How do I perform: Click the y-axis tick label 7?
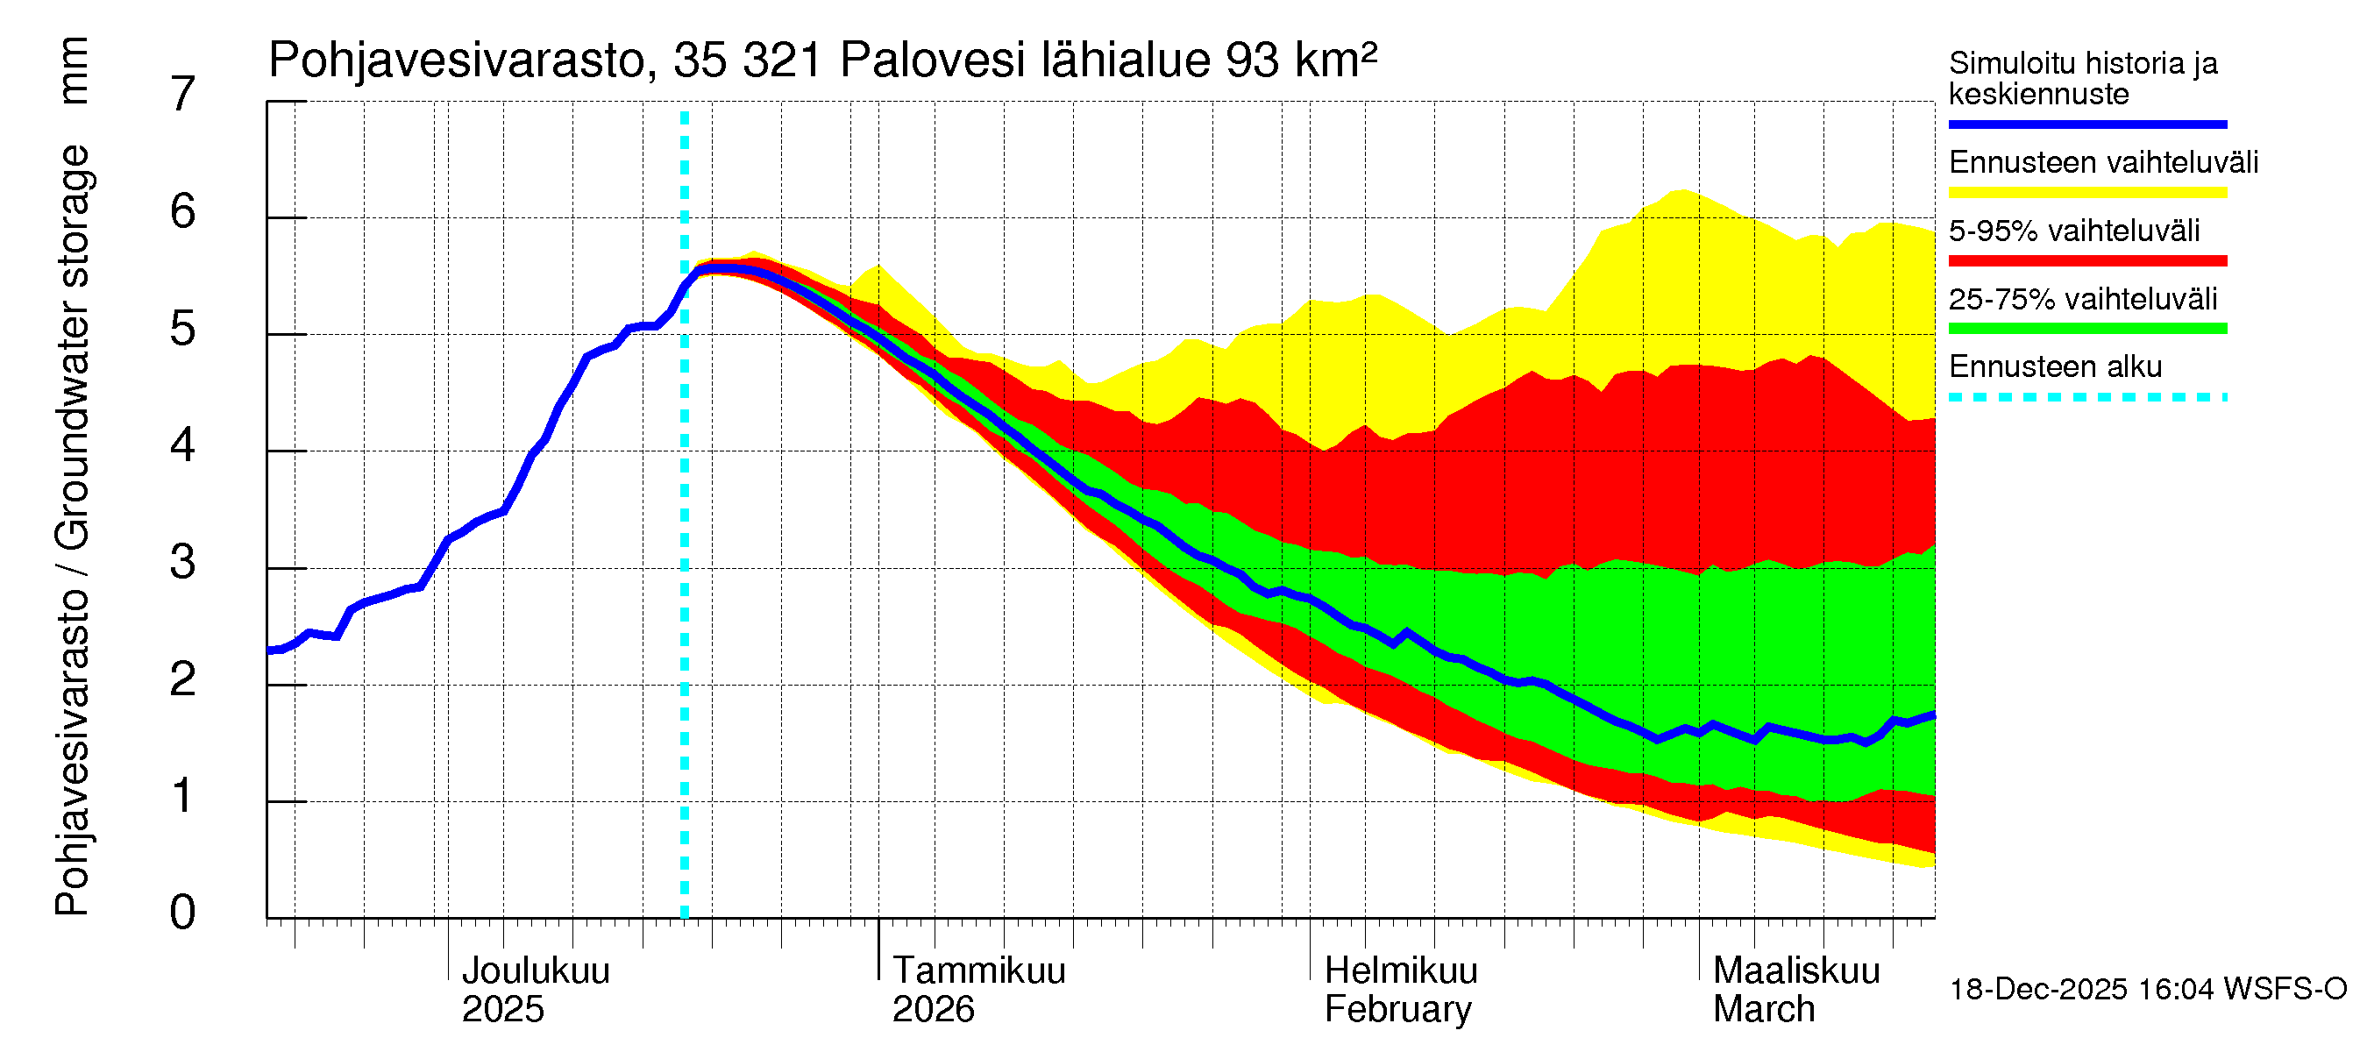click(183, 94)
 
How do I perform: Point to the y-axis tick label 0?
click(183, 913)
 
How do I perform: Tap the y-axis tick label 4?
click(183, 445)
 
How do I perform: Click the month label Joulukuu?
click(535, 970)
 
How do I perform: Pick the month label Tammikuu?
click(978, 970)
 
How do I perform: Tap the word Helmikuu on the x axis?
click(1400, 970)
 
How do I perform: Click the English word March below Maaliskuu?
click(1763, 1009)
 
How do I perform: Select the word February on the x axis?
click(1397, 1009)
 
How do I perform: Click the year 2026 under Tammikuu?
click(933, 1009)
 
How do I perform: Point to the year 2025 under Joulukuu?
click(502, 1009)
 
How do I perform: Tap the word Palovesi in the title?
click(932, 60)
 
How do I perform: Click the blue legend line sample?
click(2086, 124)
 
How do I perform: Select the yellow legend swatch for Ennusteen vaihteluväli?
click(2086, 192)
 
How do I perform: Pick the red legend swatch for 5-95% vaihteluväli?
click(2086, 261)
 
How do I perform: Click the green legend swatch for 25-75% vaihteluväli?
click(2086, 329)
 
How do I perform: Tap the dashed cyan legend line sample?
click(2086, 398)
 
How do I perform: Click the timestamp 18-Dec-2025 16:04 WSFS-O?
click(2147, 989)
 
